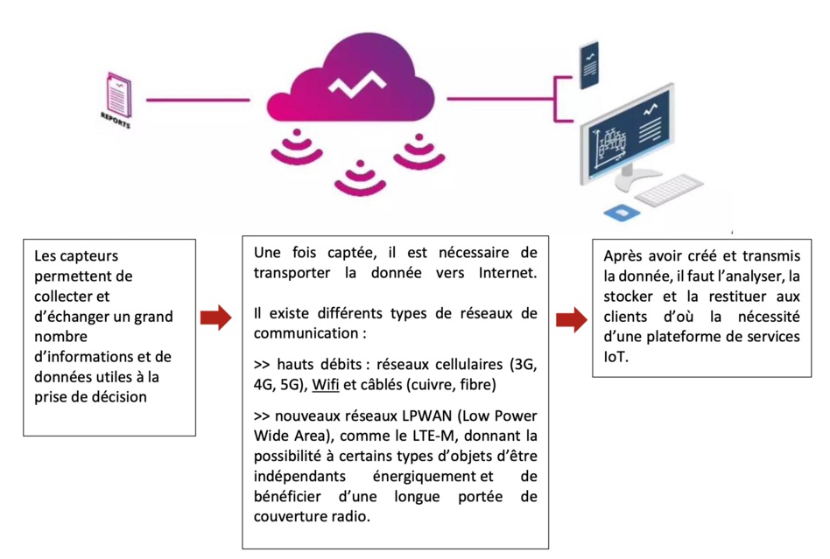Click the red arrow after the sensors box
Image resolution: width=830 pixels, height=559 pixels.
(215, 318)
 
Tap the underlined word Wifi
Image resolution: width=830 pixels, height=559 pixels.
(325, 385)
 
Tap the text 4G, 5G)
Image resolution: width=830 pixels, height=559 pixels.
(274, 385)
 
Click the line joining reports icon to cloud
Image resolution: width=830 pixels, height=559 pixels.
(197, 100)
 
